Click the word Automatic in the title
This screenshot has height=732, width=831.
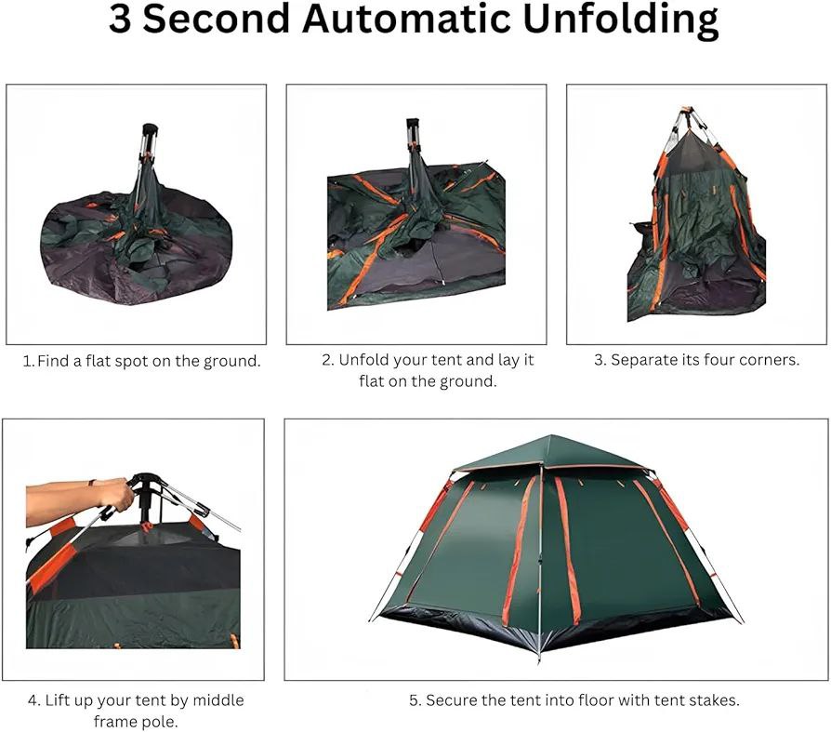[406, 20]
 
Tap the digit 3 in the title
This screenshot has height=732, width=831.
[120, 20]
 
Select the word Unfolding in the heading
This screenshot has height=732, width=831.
[621, 21]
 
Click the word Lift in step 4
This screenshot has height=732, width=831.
[55, 700]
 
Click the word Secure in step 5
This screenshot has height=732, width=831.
[450, 700]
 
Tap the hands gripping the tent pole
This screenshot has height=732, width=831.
[114, 493]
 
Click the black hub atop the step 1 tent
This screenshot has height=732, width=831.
[150, 129]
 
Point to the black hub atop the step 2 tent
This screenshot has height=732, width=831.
[413, 124]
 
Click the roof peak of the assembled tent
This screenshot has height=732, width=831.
[550, 436]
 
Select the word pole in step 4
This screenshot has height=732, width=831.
[163, 722]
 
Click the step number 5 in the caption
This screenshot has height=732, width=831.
[414, 700]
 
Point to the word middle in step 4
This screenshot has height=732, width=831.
[218, 700]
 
